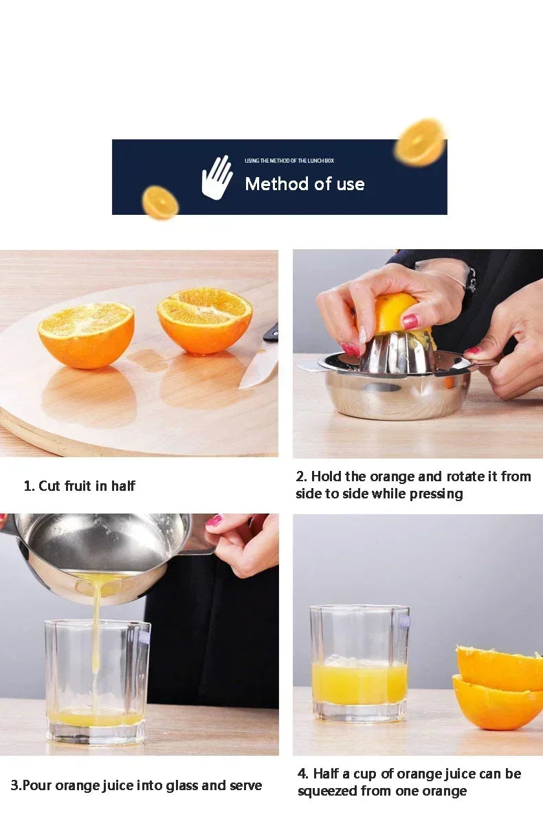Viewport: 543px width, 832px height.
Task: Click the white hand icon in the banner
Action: click(217, 178)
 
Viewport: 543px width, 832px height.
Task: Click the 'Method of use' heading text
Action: click(304, 184)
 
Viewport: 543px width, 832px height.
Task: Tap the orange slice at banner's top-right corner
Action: click(420, 142)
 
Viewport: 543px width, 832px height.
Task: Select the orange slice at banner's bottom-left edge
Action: click(160, 203)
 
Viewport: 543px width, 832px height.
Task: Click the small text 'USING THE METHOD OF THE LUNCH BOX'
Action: click(289, 161)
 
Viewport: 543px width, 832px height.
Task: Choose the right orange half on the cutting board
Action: click(205, 320)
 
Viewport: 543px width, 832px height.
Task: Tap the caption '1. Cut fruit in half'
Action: click(80, 486)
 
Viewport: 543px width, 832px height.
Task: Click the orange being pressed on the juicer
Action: click(395, 312)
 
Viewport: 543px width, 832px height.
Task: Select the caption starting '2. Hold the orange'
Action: click(413, 485)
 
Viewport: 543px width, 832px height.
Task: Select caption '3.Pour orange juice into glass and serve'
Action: click(136, 785)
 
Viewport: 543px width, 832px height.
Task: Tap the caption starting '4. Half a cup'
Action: click(409, 782)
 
